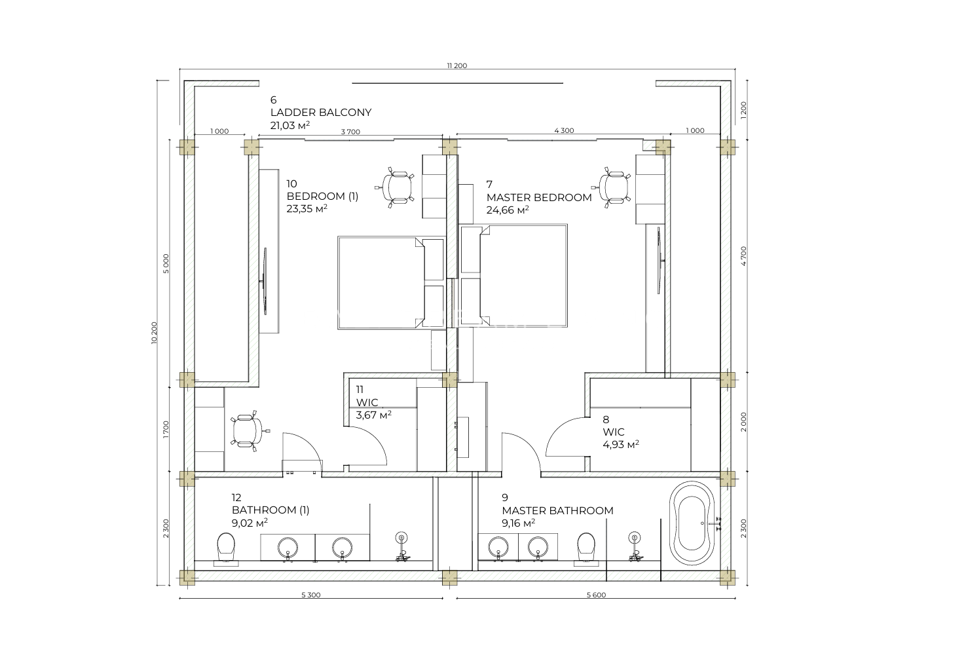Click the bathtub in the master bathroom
(x=692, y=524)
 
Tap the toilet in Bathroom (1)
(x=226, y=549)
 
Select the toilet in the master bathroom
(x=586, y=549)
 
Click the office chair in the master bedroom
(x=613, y=187)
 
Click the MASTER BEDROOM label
(x=539, y=197)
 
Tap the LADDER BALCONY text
(x=321, y=113)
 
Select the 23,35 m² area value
(x=307, y=209)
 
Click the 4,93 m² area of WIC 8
(x=621, y=444)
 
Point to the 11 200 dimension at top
(x=456, y=66)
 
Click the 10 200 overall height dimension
(x=155, y=333)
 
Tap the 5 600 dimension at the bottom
(x=596, y=595)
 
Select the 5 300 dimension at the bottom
(x=310, y=595)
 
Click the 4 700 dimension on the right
(x=743, y=256)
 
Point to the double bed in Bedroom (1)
(x=391, y=282)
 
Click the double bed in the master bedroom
(x=513, y=276)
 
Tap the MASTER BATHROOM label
(x=557, y=511)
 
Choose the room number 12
(x=236, y=497)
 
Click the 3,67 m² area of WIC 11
(x=374, y=415)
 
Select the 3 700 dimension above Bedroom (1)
(x=350, y=132)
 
